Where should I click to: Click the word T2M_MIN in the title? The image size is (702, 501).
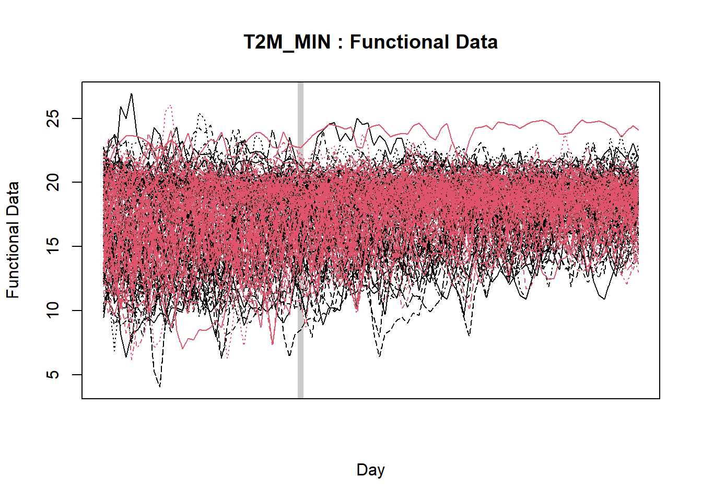(287, 42)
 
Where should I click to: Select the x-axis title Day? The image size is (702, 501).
(370, 470)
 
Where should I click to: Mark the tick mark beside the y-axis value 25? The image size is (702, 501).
(77, 118)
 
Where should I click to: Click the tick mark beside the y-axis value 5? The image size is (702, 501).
(77, 375)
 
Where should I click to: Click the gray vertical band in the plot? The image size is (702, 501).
(300, 240)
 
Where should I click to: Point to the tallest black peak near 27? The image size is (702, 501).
(131, 94)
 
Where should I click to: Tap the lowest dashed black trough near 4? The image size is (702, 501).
(159, 386)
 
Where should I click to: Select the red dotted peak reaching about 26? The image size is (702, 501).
(170, 106)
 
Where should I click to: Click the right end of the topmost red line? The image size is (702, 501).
(638, 129)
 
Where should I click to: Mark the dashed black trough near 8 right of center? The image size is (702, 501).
(469, 335)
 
